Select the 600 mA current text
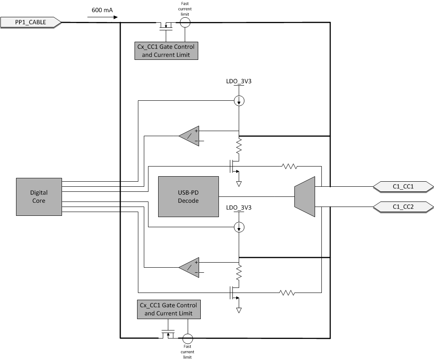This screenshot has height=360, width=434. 102,10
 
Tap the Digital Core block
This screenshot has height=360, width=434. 39,196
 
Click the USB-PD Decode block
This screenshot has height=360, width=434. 189,196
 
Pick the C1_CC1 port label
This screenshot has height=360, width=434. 403,186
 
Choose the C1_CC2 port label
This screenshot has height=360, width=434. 403,207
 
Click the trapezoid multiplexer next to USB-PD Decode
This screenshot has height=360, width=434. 305,196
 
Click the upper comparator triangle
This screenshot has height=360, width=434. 190,136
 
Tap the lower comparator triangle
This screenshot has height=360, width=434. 190,267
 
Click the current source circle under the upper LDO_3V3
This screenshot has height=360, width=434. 239,101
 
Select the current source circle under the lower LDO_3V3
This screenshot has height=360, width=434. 239,228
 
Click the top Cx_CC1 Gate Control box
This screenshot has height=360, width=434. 166,51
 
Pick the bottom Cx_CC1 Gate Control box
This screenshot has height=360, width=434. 168,309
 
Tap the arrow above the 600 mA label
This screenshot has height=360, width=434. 103,17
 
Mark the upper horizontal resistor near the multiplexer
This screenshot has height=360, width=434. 290,167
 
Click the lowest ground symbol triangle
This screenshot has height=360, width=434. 239,310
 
